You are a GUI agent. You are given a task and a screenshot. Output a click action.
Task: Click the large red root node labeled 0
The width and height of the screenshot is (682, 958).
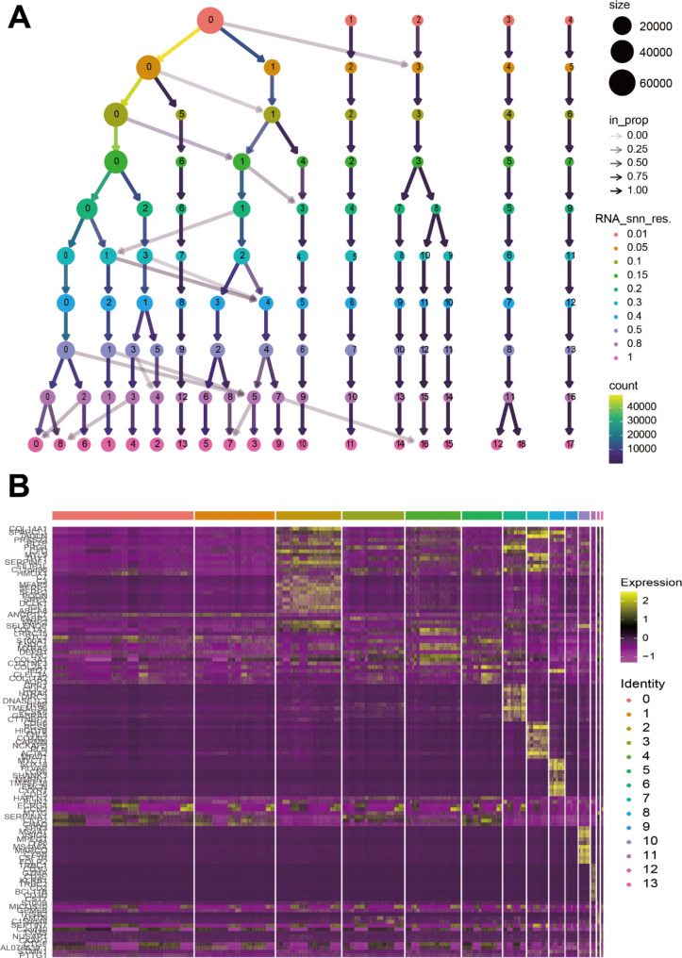[210, 20]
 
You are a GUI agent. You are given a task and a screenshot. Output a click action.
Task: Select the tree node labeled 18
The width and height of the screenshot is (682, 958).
[521, 443]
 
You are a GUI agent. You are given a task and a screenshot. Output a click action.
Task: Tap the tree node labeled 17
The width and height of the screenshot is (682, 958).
[569, 443]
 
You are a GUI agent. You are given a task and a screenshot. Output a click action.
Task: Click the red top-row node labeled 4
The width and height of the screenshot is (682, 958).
[569, 20]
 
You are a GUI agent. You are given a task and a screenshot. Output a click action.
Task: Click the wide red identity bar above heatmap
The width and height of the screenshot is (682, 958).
[123, 515]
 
